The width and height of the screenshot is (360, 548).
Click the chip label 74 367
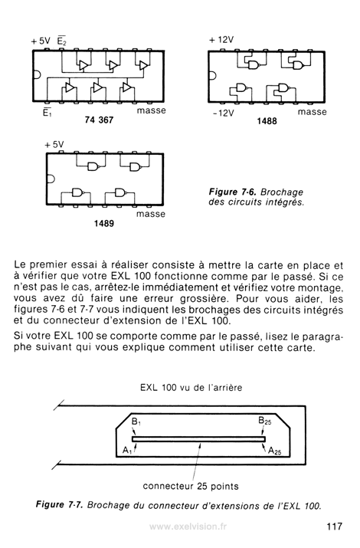click(99, 120)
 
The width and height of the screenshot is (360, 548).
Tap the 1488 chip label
click(267, 121)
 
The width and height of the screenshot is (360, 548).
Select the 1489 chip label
click(103, 223)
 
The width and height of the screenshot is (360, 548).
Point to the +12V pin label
click(221, 40)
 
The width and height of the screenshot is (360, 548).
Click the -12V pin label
click(224, 113)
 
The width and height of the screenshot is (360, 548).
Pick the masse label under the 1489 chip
click(151, 214)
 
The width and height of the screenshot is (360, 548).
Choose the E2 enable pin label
click(62, 41)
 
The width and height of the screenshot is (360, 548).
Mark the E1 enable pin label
click(47, 113)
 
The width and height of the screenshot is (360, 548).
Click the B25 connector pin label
click(265, 421)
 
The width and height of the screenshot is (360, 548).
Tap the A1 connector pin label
click(127, 451)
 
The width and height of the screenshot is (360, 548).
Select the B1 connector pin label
click(136, 422)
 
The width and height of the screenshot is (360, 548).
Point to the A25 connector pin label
click(274, 451)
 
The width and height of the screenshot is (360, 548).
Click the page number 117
click(334, 527)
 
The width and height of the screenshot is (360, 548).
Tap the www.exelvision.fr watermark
click(188, 527)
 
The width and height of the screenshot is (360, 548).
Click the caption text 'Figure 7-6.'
click(233, 192)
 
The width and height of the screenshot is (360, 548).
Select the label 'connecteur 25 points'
click(191, 486)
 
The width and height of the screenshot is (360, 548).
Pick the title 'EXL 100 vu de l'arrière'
click(191, 387)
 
